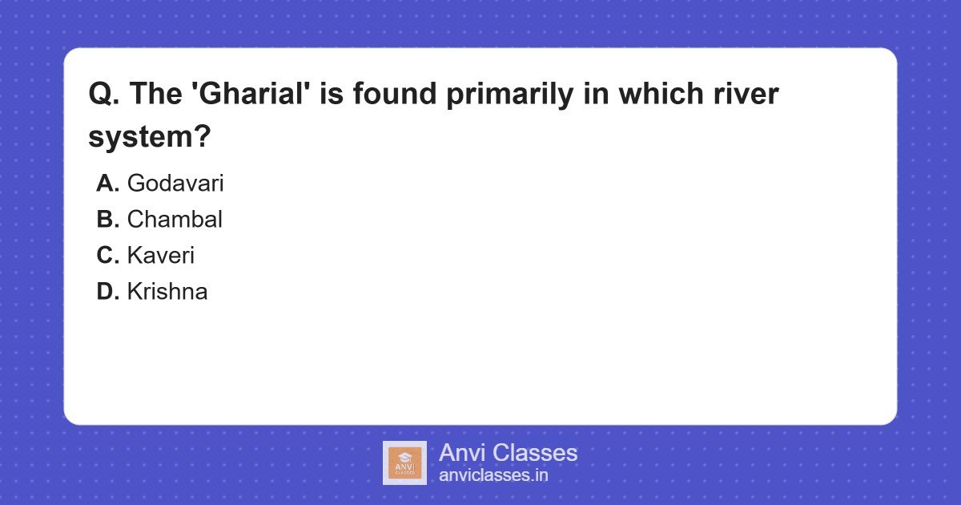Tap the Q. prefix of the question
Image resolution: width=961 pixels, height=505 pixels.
[104, 94]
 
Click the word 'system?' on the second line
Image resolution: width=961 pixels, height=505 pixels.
[149, 137]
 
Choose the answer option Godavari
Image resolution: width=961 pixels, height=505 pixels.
[175, 183]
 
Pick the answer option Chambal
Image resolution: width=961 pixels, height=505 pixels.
[175, 219]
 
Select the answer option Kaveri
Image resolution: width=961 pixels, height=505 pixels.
[161, 255]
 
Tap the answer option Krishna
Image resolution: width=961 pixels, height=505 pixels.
[167, 291]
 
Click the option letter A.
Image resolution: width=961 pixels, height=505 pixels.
[107, 184]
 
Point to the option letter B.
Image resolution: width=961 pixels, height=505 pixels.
[107, 220]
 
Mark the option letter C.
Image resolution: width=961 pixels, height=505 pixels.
[107, 256]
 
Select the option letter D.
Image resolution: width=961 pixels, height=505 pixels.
[107, 292]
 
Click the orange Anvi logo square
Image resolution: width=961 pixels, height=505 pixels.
[404, 463]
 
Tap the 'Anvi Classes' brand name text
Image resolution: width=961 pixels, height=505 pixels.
[508, 453]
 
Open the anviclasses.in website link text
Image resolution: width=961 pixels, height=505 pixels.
[493, 475]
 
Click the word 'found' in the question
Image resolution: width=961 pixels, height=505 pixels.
[395, 93]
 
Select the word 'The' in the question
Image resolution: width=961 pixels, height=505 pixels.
[155, 93]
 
